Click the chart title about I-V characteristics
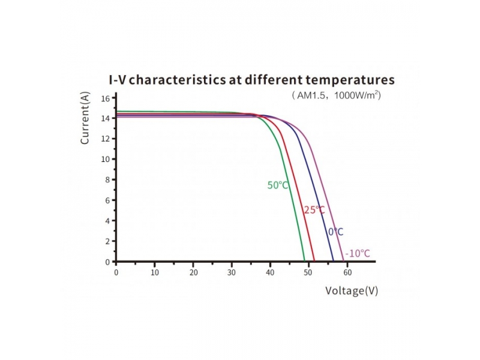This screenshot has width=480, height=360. tap(247, 80)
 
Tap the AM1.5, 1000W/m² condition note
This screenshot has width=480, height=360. tap(336, 95)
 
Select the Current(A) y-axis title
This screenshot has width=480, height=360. tap(85, 118)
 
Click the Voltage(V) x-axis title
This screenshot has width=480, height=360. tap(352, 291)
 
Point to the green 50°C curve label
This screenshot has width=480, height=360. tap(278, 185)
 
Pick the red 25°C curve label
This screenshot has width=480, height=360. tap(314, 210)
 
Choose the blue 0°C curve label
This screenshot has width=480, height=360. tap(335, 232)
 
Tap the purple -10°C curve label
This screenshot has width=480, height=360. tap(358, 253)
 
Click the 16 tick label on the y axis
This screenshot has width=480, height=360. tap(105, 98)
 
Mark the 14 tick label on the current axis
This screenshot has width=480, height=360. tap(105, 118)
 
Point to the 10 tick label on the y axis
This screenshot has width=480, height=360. tap(105, 159)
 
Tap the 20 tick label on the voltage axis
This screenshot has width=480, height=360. tap(193, 272)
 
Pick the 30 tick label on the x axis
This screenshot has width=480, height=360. tap(232, 272)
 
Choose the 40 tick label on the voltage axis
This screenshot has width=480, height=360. tap(270, 272)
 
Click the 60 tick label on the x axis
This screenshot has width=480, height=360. tap(347, 272)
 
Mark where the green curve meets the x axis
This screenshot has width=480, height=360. tap(305, 261)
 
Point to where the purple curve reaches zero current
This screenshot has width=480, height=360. tap(343, 261)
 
